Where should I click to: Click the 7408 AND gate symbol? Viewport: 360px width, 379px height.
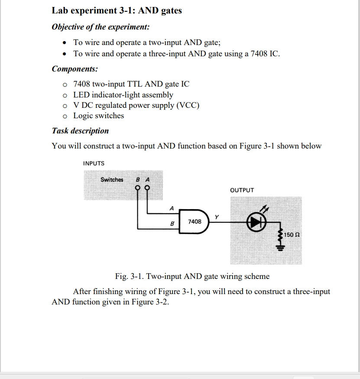(195, 221)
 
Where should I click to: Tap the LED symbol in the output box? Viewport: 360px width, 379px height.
(256, 221)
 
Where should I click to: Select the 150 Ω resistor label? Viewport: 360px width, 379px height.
(292, 234)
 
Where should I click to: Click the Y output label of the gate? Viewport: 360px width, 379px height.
(217, 216)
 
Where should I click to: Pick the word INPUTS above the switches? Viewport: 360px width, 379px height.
(94, 163)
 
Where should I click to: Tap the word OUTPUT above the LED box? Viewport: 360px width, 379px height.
(242, 190)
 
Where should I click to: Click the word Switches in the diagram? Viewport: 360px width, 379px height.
(112, 179)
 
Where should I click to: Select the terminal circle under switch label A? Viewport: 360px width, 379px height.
(148, 188)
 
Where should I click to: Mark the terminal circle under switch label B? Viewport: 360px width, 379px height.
(138, 188)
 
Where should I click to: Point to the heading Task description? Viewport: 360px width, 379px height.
(80, 131)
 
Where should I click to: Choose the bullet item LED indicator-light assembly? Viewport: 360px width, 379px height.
(123, 95)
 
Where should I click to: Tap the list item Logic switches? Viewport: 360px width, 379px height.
(98, 116)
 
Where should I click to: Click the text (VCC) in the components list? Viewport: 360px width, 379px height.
(187, 105)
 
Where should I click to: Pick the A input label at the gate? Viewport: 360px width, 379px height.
(172, 208)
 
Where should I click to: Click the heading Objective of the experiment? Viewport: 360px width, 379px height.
(101, 27)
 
